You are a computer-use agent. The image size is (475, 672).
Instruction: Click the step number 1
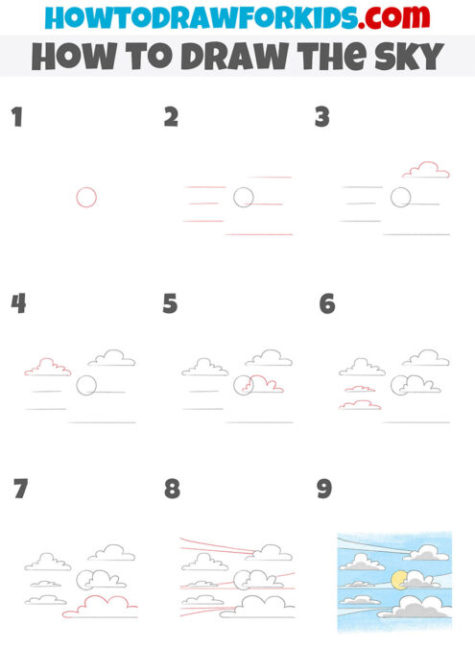16,117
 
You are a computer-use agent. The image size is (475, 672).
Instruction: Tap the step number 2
171,117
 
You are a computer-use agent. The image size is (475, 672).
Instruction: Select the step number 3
322,117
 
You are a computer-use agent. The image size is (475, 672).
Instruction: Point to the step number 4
18,303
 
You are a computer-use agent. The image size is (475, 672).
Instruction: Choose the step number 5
170,303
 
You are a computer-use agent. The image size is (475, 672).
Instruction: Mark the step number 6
326,303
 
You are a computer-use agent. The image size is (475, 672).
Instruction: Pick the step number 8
172,489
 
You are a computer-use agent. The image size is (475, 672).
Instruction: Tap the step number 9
324,489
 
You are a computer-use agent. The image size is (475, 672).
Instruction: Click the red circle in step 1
86,197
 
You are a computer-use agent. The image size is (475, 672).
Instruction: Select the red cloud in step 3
426,170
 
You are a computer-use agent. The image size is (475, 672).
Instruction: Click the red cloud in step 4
47,367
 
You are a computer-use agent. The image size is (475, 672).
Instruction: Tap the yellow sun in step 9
398,579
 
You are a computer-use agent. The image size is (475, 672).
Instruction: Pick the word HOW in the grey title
69,56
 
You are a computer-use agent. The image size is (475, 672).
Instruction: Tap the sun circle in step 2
244,198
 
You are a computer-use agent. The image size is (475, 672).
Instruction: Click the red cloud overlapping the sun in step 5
264,386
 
